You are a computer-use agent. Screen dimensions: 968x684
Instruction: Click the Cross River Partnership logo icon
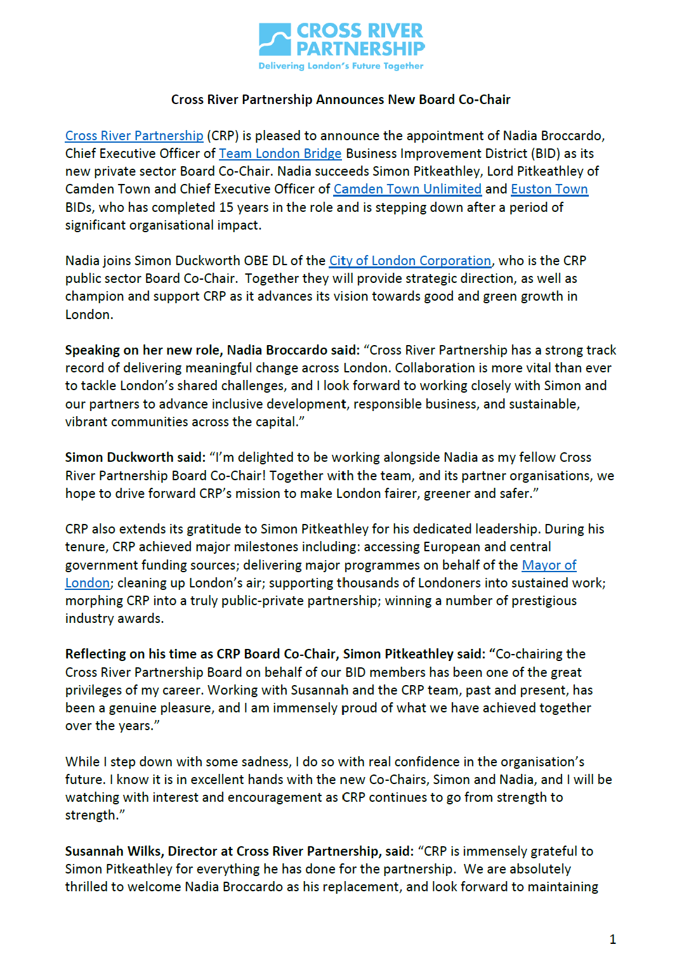point(275,39)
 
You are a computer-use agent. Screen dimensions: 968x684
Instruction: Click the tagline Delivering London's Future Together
point(341,66)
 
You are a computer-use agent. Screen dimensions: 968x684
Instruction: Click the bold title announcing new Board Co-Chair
point(341,100)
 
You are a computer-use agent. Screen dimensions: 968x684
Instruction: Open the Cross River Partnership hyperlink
point(134,136)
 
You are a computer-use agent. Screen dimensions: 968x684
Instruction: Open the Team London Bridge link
point(280,154)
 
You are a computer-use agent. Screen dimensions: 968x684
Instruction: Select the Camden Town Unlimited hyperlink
point(407,189)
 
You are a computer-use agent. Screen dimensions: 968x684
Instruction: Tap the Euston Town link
point(549,189)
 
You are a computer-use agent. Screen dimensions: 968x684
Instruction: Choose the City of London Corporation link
point(410,261)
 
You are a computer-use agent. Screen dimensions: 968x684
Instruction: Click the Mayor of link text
point(549,565)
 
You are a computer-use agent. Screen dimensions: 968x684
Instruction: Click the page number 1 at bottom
point(612,939)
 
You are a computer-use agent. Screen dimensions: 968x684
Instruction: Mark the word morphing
point(93,601)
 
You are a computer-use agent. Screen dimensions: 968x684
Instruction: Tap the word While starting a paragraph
point(82,762)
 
